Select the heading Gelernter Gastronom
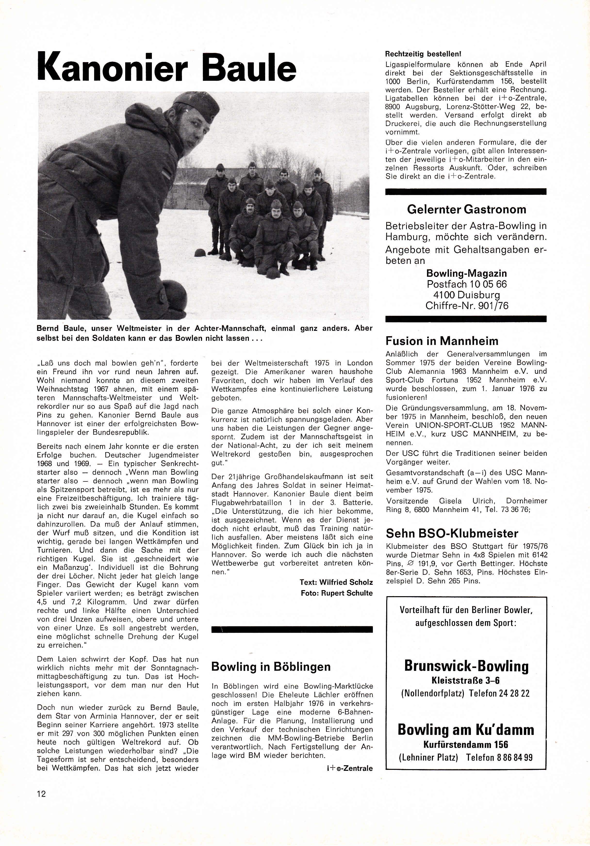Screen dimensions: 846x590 pyautogui.click(x=466, y=210)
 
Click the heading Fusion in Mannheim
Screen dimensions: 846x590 pyautogui.click(x=442, y=341)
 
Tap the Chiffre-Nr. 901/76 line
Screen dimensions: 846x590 pyautogui.click(x=467, y=305)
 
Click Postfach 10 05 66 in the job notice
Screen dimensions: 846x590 pyautogui.click(x=467, y=284)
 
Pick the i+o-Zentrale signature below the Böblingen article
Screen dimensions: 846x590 pyautogui.click(x=349, y=768)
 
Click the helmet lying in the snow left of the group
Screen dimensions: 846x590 pyautogui.click(x=200, y=253)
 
